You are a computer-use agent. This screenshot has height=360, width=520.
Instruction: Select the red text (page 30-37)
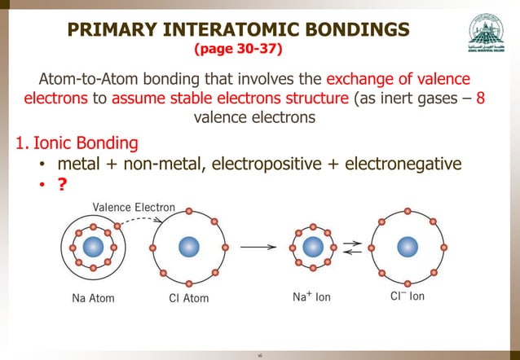(238, 50)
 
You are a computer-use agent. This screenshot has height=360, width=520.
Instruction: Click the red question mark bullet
(61, 186)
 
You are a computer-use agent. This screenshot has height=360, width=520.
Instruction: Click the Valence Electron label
(133, 207)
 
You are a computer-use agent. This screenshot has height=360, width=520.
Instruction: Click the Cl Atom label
(183, 298)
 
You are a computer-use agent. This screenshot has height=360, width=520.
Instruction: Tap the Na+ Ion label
(311, 297)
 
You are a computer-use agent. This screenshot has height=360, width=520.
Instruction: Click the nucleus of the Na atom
(92, 246)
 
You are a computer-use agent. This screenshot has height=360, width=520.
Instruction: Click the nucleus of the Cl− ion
(408, 246)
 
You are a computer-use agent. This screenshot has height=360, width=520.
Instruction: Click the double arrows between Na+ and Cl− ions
(351, 247)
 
